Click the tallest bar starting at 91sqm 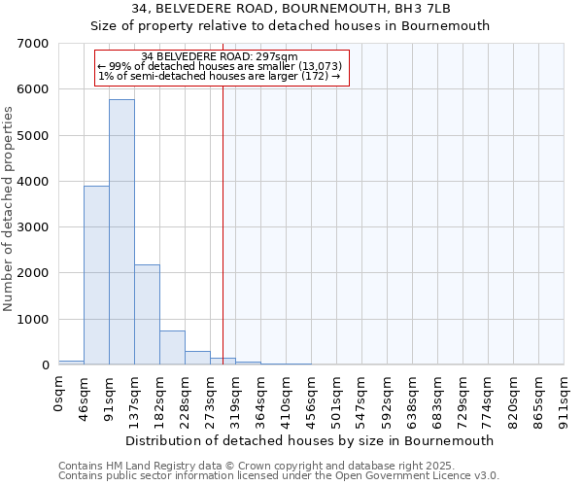coord(121,233)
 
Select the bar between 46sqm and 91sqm coord(96,275)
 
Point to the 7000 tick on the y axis coord(35,44)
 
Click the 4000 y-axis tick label coord(35,182)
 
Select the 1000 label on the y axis coord(35,320)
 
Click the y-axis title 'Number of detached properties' coord(10,204)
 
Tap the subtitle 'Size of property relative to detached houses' coord(291,26)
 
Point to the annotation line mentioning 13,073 coord(220,66)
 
